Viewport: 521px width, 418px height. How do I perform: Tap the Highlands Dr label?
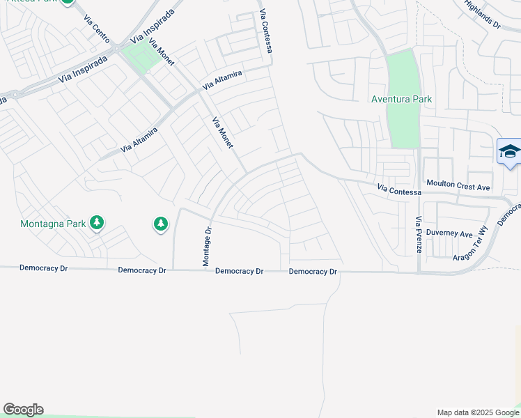pyautogui.click(x=482, y=13)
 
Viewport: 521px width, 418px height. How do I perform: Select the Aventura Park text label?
pyautogui.click(x=401, y=99)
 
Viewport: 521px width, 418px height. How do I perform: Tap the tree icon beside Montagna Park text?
pyautogui.click(x=96, y=223)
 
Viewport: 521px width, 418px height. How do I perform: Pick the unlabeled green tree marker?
pyautogui.click(x=161, y=224)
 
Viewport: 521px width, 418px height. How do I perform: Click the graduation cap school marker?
pyautogui.click(x=509, y=152)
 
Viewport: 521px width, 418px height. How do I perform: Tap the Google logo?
pyautogui.click(x=23, y=410)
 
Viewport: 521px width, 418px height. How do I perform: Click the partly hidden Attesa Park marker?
pyautogui.click(x=68, y=2)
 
